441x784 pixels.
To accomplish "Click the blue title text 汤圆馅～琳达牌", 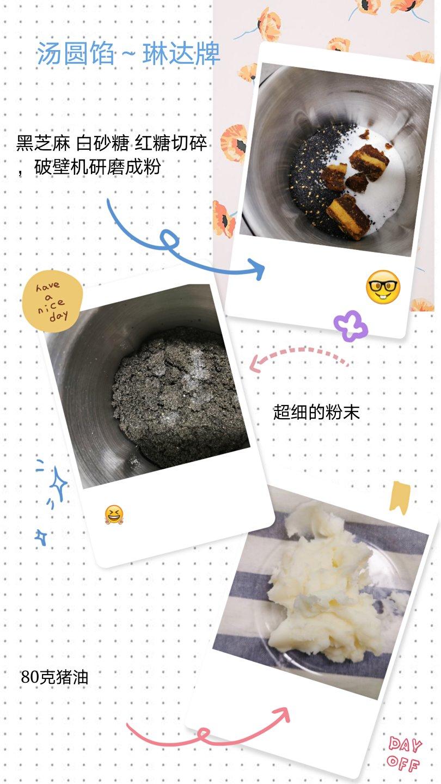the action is tap(128, 53).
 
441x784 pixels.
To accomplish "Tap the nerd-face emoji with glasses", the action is tap(383, 287).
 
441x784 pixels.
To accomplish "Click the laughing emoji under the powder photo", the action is tap(114, 514).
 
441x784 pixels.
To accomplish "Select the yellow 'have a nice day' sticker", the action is tap(53, 302).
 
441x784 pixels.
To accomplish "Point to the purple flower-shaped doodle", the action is tap(351, 326).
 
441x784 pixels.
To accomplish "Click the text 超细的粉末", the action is tap(316, 412).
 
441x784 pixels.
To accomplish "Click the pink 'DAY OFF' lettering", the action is tap(404, 755).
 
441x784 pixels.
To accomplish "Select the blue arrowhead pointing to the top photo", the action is tap(257, 269).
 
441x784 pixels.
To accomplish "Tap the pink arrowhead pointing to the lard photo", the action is tap(282, 715).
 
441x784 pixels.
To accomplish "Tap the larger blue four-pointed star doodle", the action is tap(58, 483).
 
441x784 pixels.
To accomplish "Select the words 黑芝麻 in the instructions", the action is tap(43, 143).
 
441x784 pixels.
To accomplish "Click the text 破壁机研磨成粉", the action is tap(97, 167).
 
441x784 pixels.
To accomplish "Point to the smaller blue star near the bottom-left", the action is tap(41, 537).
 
